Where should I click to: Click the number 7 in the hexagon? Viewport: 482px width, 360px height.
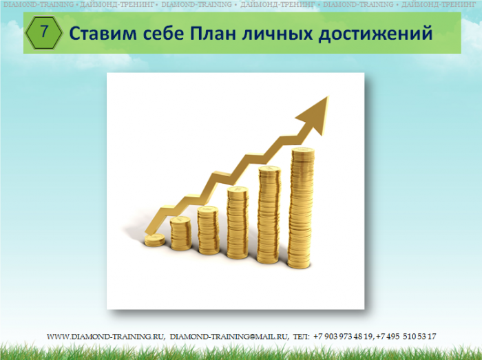click(x=44, y=32)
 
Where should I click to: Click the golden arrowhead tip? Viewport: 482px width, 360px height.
click(x=328, y=96)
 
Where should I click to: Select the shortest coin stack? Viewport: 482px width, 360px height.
click(x=155, y=240)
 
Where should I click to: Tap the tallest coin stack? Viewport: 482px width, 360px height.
click(x=301, y=208)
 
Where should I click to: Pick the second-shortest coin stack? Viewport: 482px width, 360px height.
click(x=180, y=233)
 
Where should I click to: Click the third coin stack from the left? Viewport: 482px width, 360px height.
click(x=208, y=231)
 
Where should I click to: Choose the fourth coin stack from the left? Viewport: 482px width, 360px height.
click(x=238, y=223)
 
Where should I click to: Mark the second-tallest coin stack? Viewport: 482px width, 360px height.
click(x=269, y=215)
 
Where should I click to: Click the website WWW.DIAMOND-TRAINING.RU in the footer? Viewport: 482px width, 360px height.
click(x=106, y=337)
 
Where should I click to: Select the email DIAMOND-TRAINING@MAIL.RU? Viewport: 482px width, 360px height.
click(x=229, y=337)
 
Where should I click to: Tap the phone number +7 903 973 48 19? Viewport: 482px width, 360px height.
click(x=344, y=337)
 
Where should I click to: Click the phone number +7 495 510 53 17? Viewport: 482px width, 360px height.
click(x=406, y=337)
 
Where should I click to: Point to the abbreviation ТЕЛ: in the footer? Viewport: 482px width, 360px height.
click(x=302, y=337)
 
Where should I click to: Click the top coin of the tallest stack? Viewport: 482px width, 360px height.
click(x=303, y=150)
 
